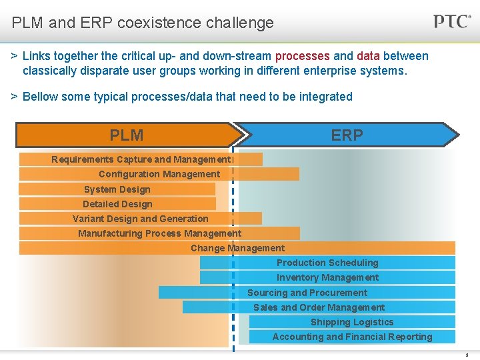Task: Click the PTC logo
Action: coord(453,21)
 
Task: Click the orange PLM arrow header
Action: coord(127,135)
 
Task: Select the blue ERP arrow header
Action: coord(347,135)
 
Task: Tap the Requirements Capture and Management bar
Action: coord(141,159)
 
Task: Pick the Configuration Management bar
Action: coord(159,174)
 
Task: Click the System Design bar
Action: coord(117,189)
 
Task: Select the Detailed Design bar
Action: coord(117,204)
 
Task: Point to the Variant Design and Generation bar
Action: coord(141,219)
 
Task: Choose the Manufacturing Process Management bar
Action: coord(159,233)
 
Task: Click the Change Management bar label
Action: coord(237,248)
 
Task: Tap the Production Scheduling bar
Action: coord(327,263)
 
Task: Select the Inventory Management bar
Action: coord(327,277)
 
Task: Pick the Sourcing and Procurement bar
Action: coord(307,293)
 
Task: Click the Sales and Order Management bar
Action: coord(319,307)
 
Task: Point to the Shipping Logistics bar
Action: coord(352,322)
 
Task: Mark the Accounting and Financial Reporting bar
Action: coord(352,337)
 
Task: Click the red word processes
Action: coord(302,56)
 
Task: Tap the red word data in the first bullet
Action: coord(368,56)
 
